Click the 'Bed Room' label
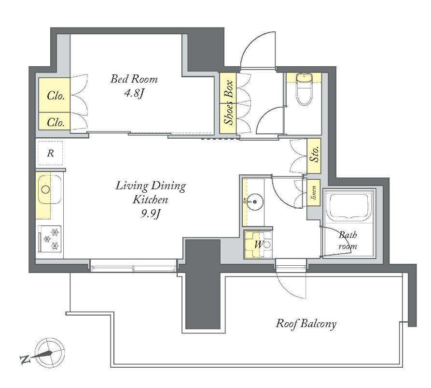(134, 79)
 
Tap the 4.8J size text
(134, 94)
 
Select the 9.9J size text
(151, 214)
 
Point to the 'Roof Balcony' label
(306, 324)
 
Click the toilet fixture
(304, 89)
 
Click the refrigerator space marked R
(50, 153)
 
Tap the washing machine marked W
(258, 244)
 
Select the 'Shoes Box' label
(228, 102)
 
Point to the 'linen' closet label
(314, 193)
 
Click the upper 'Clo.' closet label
(56, 96)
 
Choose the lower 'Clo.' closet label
(56, 122)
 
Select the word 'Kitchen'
(150, 200)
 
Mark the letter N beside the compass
(25, 359)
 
